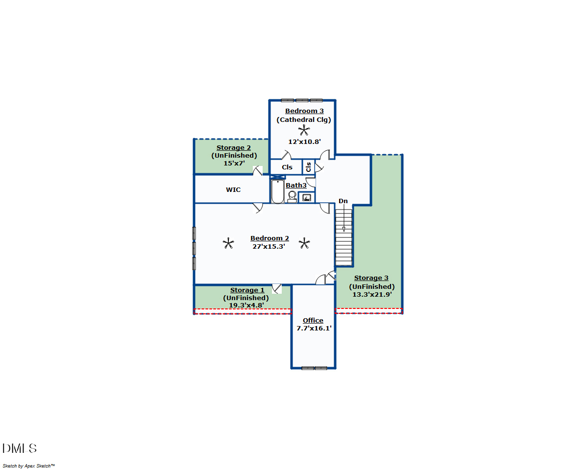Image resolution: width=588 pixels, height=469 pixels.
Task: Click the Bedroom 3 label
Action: (304, 111)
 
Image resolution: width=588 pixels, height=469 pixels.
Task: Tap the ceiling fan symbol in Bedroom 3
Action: (304, 130)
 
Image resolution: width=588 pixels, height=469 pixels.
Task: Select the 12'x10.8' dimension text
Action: (304, 141)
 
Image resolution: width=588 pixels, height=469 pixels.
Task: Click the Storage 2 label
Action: (234, 148)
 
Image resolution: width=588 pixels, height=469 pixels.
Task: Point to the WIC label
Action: (233, 190)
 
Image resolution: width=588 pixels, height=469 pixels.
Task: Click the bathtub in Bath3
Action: (277, 191)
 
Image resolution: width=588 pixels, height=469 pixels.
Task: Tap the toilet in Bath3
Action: (292, 197)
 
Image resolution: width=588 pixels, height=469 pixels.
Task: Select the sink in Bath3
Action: (307, 197)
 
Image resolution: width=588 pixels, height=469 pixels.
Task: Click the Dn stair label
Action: (343, 201)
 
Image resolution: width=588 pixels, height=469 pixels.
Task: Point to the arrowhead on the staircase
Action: (343, 229)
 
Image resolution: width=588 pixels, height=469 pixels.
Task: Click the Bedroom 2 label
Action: (269, 238)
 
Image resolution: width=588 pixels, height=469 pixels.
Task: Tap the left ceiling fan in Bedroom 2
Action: (228, 243)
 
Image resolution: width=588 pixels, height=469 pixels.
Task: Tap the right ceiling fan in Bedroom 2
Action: (304, 243)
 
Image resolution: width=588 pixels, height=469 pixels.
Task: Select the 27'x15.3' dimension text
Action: (269, 247)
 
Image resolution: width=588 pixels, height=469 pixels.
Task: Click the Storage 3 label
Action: (371, 278)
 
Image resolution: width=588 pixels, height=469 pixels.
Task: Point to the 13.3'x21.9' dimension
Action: (372, 295)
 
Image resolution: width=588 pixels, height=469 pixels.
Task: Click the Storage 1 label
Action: (247, 290)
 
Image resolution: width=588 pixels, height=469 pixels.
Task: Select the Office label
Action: (313, 321)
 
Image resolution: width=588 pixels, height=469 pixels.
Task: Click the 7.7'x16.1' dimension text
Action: (314, 328)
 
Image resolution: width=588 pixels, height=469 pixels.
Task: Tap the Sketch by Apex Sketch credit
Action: (29, 464)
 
